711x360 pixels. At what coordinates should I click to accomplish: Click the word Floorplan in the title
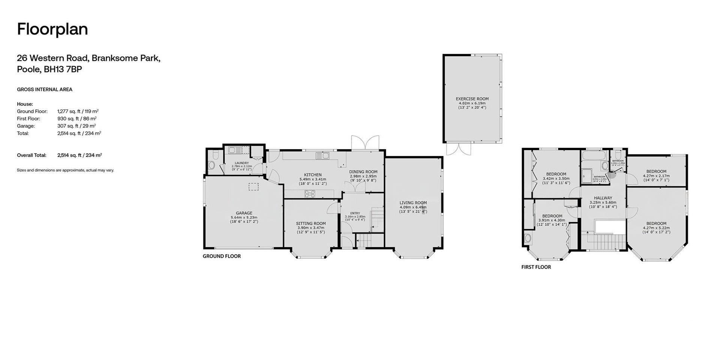(52, 29)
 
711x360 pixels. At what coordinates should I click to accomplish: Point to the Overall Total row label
(32, 155)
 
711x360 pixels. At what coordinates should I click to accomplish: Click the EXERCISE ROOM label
(472, 99)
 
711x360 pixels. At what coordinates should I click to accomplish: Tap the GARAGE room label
(244, 213)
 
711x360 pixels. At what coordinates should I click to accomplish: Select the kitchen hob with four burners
(310, 194)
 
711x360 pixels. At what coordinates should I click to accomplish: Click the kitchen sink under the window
(322, 155)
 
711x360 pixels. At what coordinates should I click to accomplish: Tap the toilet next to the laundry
(211, 165)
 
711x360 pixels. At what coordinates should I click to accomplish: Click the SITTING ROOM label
(311, 223)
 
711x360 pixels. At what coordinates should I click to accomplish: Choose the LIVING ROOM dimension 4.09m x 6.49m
(413, 207)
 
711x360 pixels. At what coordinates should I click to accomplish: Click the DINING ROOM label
(363, 172)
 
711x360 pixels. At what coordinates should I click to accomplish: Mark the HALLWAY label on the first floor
(603, 198)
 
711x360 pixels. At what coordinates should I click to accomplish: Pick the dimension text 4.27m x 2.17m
(656, 176)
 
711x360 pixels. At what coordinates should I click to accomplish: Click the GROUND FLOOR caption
(222, 256)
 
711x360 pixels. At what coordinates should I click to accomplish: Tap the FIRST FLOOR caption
(536, 267)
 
